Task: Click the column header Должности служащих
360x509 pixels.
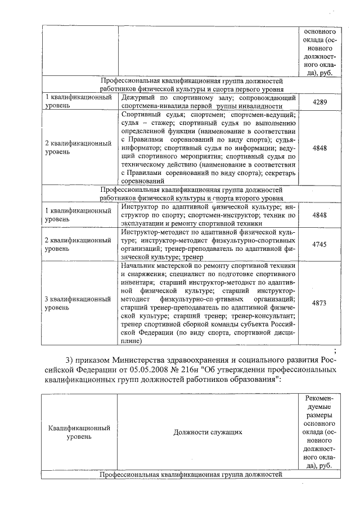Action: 208,432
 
